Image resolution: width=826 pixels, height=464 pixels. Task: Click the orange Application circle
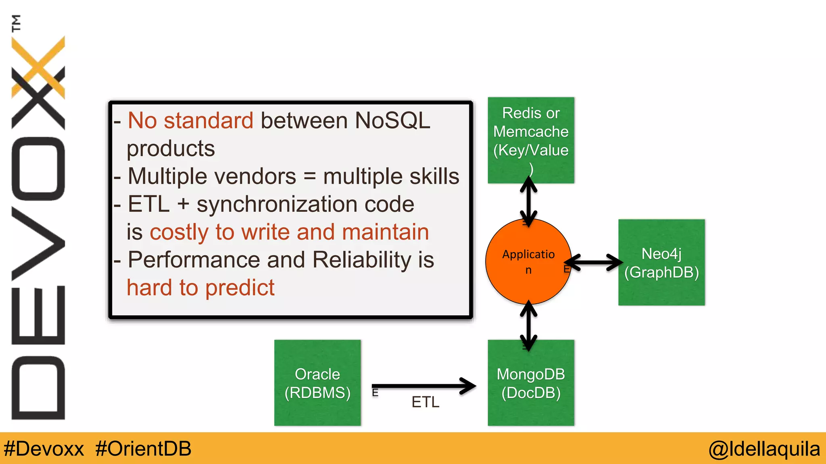pos(528,262)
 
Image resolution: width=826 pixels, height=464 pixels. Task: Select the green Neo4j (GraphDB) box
pos(661,263)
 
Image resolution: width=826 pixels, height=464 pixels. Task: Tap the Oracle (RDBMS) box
pos(317,383)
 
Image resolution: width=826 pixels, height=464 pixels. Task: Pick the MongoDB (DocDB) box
pos(531,383)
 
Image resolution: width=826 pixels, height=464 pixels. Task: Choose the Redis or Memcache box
pos(531,140)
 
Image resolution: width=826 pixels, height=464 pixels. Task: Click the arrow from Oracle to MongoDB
pos(423,386)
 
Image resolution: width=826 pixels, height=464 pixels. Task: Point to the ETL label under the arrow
pos(425,402)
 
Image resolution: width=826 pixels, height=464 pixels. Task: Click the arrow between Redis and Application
pos(528,201)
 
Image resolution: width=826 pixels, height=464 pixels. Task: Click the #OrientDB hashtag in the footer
pos(143,449)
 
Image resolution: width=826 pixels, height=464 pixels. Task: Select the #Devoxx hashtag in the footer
pos(44,449)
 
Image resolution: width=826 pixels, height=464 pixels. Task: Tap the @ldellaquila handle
pos(764,449)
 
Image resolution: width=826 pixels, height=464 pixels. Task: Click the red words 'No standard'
pos(190,120)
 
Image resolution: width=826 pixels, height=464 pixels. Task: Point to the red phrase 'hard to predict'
pos(200,288)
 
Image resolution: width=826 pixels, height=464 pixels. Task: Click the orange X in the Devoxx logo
pos(38,66)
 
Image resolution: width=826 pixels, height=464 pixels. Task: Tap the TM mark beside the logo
pos(16,23)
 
